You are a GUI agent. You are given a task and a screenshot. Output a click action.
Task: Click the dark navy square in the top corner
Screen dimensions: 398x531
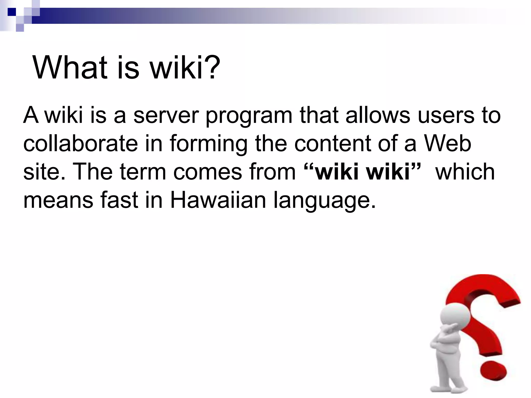12,12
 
